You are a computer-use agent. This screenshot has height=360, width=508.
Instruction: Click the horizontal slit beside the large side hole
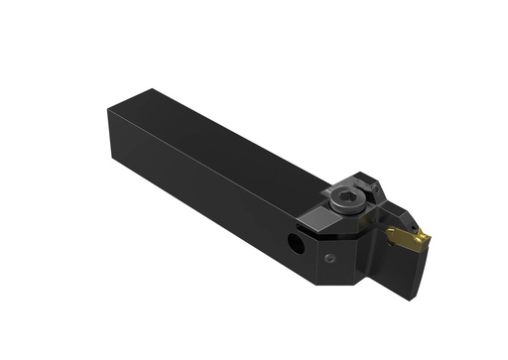[x=278, y=234]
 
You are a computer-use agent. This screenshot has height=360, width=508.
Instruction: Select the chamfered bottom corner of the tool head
[x=347, y=278]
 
